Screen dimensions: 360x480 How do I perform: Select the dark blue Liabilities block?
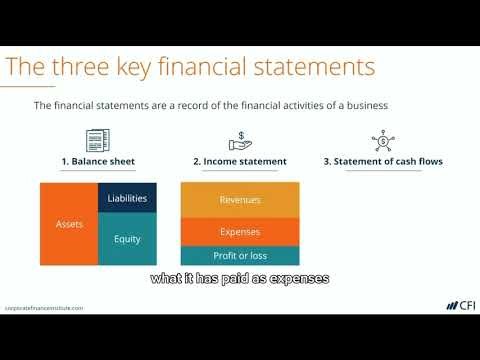click(127, 198)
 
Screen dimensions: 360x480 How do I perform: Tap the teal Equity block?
click(127, 240)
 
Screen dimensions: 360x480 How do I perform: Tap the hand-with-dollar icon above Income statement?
click(239, 140)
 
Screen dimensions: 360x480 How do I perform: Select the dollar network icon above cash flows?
click(382, 141)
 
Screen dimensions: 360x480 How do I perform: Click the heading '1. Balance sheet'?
click(99, 162)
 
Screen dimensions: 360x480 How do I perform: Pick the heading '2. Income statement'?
click(239, 162)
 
